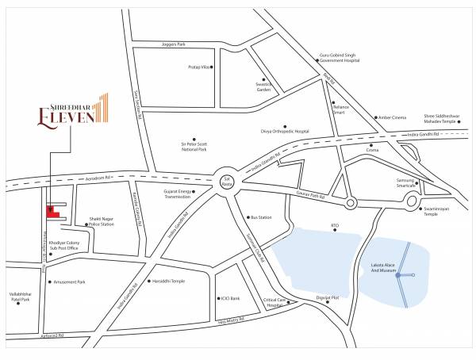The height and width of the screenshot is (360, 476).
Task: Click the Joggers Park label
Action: (x=174, y=44)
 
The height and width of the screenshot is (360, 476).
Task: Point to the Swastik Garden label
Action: (x=242, y=87)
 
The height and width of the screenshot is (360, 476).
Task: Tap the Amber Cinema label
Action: (x=392, y=117)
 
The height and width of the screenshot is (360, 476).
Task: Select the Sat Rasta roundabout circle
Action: (x=227, y=182)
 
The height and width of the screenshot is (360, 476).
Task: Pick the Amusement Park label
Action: (x=71, y=281)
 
